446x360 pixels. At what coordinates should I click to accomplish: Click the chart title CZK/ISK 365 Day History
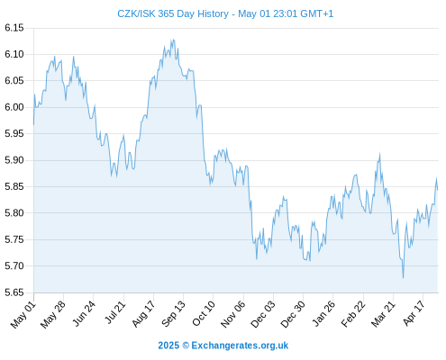click(173, 13)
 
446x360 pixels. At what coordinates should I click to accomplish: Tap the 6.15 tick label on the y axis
click(14, 28)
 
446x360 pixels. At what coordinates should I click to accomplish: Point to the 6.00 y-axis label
click(14, 107)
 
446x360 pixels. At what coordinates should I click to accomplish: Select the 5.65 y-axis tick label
click(14, 292)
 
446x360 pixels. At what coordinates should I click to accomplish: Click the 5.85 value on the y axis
click(14, 186)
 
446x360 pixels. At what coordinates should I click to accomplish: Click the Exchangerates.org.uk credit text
click(240, 346)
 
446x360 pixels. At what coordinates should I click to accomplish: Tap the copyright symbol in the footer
click(186, 346)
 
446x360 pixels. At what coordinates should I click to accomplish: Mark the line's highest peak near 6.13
click(172, 40)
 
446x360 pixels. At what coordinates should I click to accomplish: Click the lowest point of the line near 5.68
click(403, 277)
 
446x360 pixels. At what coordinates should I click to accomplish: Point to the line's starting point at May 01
click(33, 124)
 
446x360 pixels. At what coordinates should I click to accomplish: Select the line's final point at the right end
click(438, 190)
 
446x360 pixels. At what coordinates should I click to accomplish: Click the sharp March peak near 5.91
click(379, 154)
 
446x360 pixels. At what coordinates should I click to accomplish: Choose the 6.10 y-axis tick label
click(14, 54)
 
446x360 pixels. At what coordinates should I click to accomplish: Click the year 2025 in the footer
click(168, 346)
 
